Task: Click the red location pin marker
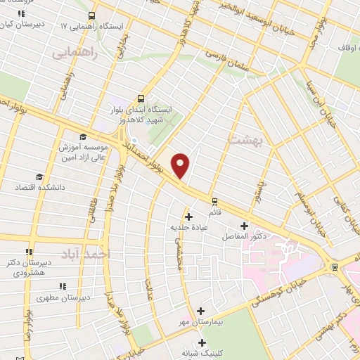pyautogui.click(x=181, y=165)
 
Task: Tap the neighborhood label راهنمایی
pyautogui.click(x=71, y=52)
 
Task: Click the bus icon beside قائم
pyautogui.click(x=214, y=200)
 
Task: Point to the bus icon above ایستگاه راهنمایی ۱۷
pyautogui.click(x=92, y=15)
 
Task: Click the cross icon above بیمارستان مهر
pyautogui.click(x=201, y=310)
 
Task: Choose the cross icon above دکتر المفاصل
pyautogui.click(x=244, y=226)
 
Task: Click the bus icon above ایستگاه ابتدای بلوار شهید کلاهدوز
pyautogui.click(x=142, y=98)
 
